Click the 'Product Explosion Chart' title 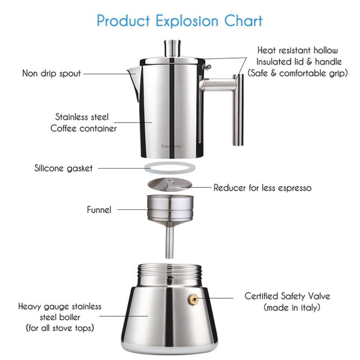tap(179, 20)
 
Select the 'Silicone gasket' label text tap(64, 168)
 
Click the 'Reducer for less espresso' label tap(262, 188)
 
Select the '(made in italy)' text tap(293, 308)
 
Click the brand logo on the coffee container tap(172, 146)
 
